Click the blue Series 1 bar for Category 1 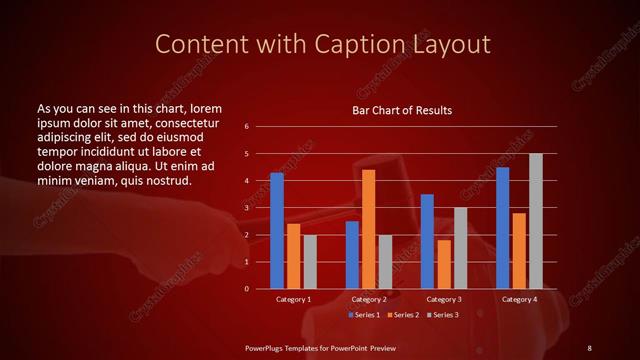277,231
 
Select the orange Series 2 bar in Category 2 368,229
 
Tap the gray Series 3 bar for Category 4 536,221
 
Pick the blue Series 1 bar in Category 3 427,241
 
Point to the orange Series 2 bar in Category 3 444,264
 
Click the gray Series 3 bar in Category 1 310,262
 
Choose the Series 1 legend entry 363,315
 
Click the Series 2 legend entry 403,315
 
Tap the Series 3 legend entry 443,315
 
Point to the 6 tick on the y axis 247,127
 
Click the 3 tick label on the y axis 247,208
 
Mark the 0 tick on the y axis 247,289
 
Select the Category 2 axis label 369,299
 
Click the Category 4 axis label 519,299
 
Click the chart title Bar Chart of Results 402,110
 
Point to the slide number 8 589,347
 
